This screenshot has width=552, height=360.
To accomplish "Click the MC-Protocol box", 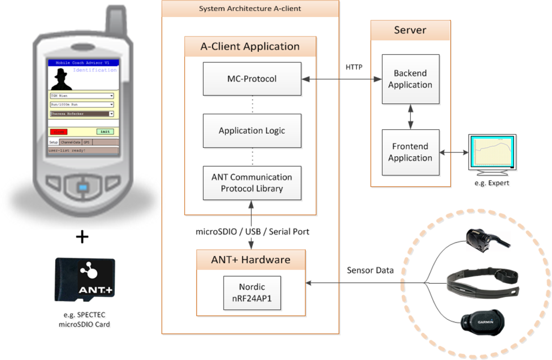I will tap(252, 79).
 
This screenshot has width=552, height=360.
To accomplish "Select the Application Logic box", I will tap(252, 131).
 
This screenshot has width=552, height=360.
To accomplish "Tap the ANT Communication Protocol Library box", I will tap(252, 183).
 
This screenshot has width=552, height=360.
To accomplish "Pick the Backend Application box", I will tap(410, 79).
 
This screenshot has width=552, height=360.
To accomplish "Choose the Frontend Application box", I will tap(410, 152).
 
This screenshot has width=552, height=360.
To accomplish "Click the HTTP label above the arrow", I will tap(354, 67).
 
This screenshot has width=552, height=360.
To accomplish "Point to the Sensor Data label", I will tap(370, 271).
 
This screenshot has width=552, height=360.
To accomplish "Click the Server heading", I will tap(410, 30).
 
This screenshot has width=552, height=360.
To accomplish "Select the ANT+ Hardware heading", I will tap(252, 258).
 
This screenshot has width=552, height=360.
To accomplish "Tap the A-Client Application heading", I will tap(250, 46).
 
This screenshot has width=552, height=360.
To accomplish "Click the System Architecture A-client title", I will tap(250, 8).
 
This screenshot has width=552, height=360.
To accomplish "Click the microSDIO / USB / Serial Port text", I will tap(252, 232).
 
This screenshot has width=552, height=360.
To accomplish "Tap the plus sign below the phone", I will tap(82, 237).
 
